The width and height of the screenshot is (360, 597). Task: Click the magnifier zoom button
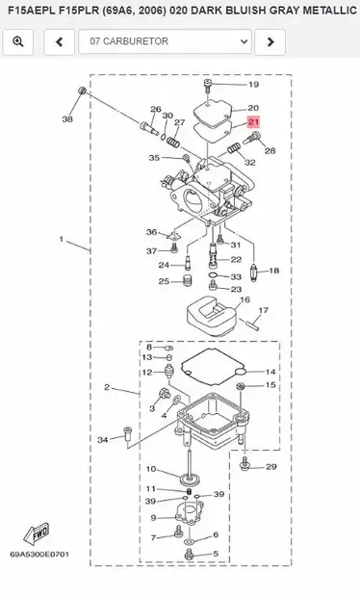click(x=19, y=42)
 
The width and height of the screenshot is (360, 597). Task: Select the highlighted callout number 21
click(x=253, y=122)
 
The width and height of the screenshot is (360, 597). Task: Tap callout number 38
click(x=66, y=119)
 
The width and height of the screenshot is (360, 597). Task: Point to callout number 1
click(x=61, y=238)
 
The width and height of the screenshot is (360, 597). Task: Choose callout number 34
click(x=103, y=440)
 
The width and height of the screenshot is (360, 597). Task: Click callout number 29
click(x=270, y=466)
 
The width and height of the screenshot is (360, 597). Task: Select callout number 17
click(x=263, y=311)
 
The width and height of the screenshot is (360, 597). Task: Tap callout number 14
click(x=270, y=372)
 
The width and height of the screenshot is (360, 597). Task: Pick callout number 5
click(x=216, y=554)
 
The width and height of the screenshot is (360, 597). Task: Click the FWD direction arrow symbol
click(x=39, y=532)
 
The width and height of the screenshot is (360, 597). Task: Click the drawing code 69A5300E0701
click(x=39, y=556)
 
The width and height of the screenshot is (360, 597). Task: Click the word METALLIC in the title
click(x=324, y=10)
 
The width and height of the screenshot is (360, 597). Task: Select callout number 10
click(x=150, y=469)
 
